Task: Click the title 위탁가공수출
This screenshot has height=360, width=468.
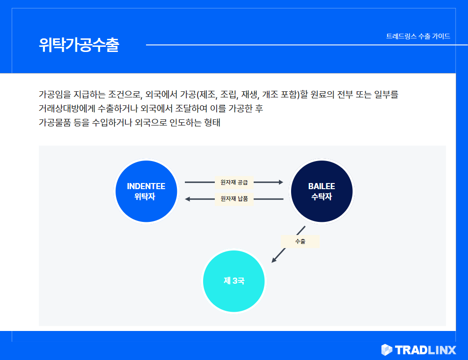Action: [x=79, y=45]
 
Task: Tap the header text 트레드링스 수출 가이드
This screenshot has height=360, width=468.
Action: [x=418, y=37]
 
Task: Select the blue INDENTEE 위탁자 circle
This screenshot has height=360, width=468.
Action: [x=146, y=191]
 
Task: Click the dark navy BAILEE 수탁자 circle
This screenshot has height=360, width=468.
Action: [x=322, y=191]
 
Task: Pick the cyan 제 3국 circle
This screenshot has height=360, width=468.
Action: [x=234, y=281]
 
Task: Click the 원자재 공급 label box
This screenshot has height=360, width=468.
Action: [x=234, y=183]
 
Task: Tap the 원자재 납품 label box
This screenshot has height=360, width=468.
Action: [x=234, y=199]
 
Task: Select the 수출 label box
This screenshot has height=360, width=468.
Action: [x=300, y=242]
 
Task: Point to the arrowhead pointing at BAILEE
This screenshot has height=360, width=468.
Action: [x=281, y=182]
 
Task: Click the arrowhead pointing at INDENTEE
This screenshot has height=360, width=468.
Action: [x=188, y=199]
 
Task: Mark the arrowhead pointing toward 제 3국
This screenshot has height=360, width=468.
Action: [x=274, y=260]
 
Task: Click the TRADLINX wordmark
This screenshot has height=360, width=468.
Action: [x=425, y=350]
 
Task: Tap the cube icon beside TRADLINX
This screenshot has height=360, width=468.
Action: [x=387, y=350]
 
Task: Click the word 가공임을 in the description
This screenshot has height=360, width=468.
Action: [x=55, y=95]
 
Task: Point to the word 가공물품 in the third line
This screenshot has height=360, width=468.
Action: [x=55, y=122]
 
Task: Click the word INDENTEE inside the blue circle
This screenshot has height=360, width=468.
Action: [x=146, y=186]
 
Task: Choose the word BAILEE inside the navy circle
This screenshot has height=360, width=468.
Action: [x=322, y=186]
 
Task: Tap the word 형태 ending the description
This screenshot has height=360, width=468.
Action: [x=212, y=122]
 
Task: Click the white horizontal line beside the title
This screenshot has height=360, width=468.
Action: [x=307, y=45]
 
